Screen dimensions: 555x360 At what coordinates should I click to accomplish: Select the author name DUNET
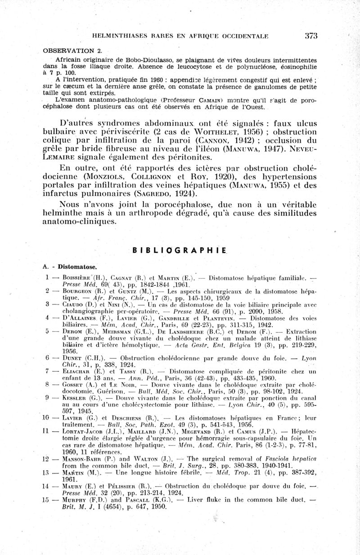[69, 358]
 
